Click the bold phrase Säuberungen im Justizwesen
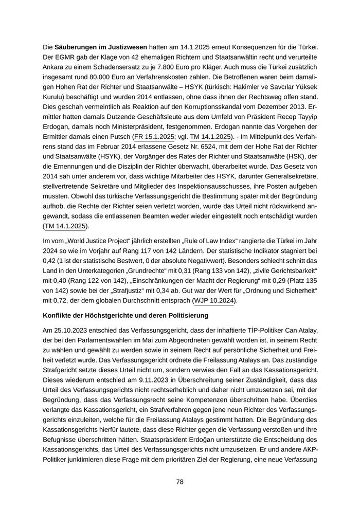point(101,47)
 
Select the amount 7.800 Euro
point(184,71)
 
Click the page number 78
point(180,482)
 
